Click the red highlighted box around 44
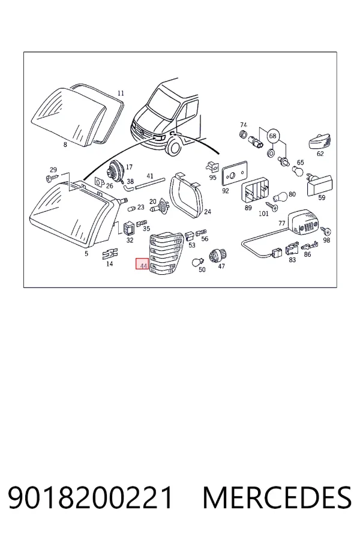click(x=142, y=263)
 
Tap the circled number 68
click(x=272, y=136)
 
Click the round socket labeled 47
click(x=217, y=255)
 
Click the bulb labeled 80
click(x=280, y=197)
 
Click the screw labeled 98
click(x=326, y=231)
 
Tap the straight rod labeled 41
click(x=150, y=183)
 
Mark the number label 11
click(x=121, y=93)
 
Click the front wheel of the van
click(x=173, y=147)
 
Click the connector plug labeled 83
click(x=292, y=249)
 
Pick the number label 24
click(x=208, y=211)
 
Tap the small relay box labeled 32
click(x=128, y=228)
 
